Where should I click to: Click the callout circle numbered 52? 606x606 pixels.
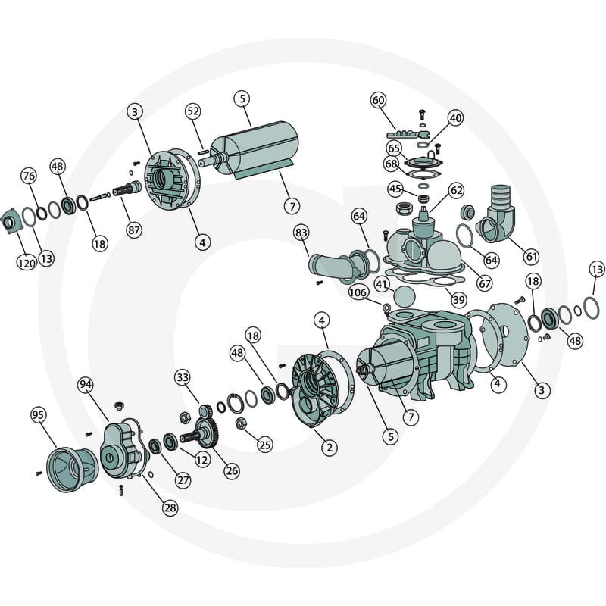click(193, 111)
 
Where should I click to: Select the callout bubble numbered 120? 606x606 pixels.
click(27, 263)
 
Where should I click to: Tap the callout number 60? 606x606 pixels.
click(378, 101)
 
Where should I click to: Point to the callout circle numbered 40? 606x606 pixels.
click(456, 118)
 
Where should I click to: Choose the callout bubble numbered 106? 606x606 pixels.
click(358, 292)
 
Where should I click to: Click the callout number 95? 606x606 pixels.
click(38, 415)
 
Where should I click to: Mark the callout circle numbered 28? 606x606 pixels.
click(170, 508)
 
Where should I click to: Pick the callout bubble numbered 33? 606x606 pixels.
click(183, 376)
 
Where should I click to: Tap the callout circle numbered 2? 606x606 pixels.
click(330, 448)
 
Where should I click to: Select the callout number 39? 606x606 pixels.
click(459, 299)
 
